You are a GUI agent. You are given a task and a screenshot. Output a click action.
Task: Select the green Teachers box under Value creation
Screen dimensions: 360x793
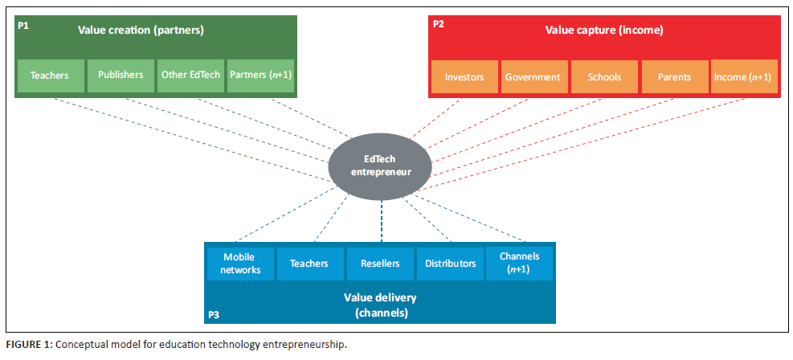point(49,76)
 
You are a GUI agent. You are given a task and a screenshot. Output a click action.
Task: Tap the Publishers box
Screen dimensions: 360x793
point(121,76)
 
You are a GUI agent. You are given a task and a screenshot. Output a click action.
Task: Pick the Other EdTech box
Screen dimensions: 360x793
point(190,76)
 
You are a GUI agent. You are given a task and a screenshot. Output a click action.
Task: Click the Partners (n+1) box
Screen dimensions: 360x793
point(260,76)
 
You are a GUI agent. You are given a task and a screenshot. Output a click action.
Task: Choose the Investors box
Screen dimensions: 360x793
point(464,77)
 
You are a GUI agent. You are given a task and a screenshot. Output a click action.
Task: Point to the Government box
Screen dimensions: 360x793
point(533,77)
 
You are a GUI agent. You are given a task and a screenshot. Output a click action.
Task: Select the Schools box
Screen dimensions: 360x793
point(604,77)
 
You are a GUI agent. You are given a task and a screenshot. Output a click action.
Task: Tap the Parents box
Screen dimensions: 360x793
point(673,77)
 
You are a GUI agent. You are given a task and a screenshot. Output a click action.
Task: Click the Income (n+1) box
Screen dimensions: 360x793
point(742,77)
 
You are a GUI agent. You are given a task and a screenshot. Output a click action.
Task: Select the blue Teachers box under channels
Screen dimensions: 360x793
point(309,264)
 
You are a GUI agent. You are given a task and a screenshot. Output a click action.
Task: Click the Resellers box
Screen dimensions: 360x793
point(380,264)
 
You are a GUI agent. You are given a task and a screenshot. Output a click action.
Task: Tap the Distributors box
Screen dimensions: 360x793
point(450,264)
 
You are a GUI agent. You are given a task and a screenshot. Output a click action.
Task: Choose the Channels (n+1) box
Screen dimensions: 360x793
point(519,264)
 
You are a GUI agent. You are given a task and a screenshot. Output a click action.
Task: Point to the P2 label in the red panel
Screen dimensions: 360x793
point(438,25)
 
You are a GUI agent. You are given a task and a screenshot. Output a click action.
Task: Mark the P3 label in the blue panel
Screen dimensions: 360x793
point(213,314)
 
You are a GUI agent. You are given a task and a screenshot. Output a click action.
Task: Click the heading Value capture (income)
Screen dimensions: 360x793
point(603,31)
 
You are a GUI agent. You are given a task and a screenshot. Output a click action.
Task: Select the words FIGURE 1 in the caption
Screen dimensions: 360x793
point(28,345)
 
